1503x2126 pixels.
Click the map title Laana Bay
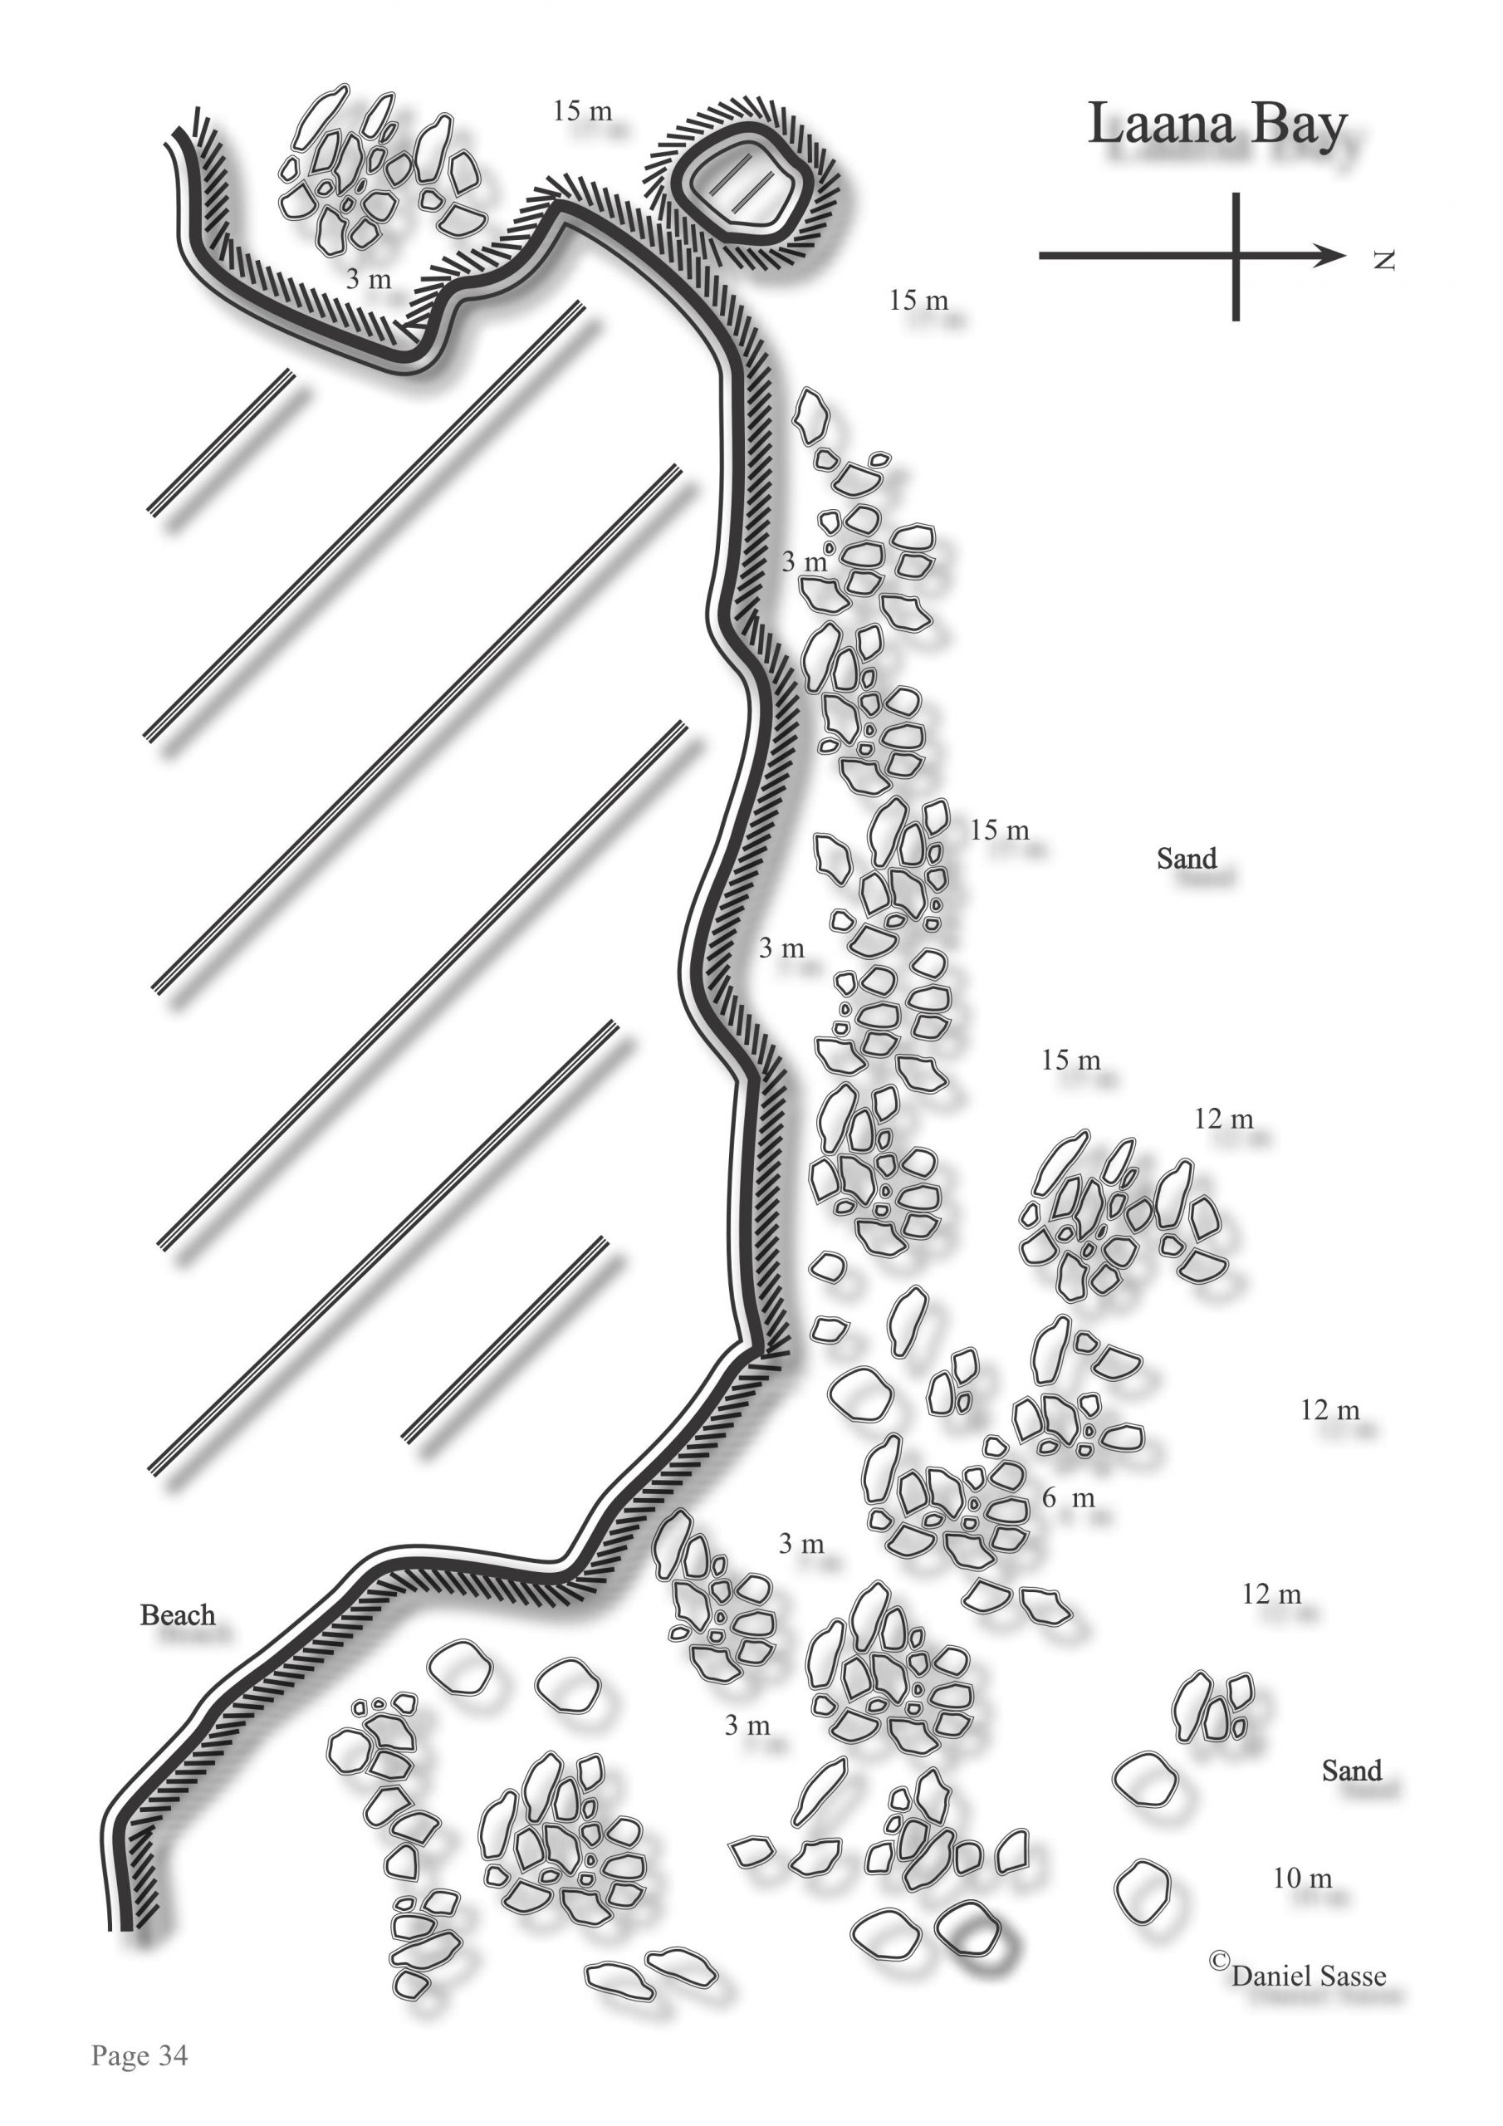1216,125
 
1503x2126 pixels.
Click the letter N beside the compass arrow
1383,260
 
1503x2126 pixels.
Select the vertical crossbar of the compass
1236,257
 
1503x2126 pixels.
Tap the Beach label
178,1615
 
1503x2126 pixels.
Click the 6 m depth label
1069,1497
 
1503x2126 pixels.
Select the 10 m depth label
1302,1878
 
